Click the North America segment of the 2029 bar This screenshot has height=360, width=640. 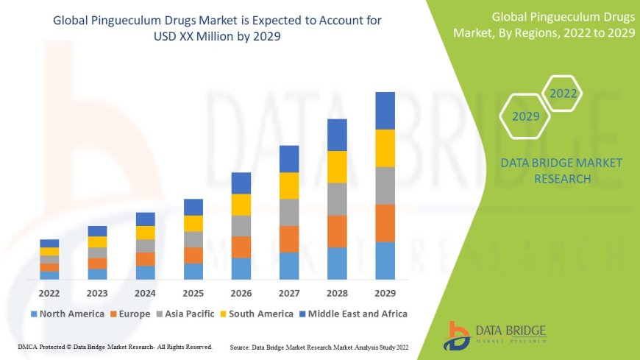pos(385,261)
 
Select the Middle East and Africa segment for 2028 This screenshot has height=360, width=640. pos(337,135)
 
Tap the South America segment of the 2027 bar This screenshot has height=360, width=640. pos(289,186)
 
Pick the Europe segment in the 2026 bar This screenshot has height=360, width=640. pos(241,247)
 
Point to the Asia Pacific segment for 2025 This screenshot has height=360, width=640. pos(193,239)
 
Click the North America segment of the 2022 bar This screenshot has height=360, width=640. pos(49,275)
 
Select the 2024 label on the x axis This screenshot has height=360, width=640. pos(145,292)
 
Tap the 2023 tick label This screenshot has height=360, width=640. pos(97,292)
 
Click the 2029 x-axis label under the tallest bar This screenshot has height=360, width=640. pos(385,292)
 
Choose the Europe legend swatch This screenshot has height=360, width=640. pos(113,314)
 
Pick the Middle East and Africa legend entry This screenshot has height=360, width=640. pos(357,314)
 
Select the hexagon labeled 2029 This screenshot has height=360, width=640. pos(526,116)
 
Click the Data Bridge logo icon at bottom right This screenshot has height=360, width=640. pos(459,335)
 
